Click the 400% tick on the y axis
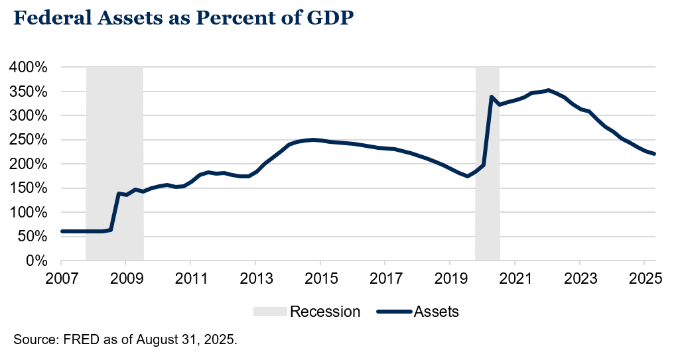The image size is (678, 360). tap(28, 68)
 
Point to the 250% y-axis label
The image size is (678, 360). tap(28, 140)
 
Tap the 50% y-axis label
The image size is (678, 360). tap(31, 237)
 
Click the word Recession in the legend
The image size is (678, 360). tap(325, 312)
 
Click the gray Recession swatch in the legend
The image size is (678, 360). tap(270, 312)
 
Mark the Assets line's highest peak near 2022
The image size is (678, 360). tap(548, 90)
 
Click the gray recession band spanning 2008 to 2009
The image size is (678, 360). tap(115, 166)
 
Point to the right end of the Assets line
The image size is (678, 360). tap(655, 154)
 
